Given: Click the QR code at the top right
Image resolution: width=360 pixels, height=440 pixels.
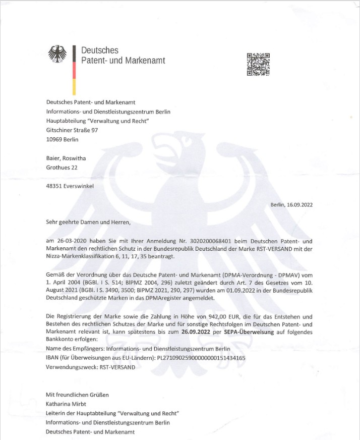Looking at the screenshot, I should [x=258, y=64].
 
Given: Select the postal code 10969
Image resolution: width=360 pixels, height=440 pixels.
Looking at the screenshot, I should [x=56, y=140].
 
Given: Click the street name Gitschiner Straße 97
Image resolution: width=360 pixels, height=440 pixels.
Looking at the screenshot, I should [x=73, y=130].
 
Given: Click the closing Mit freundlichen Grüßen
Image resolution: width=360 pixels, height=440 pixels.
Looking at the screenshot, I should [x=77, y=395].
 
